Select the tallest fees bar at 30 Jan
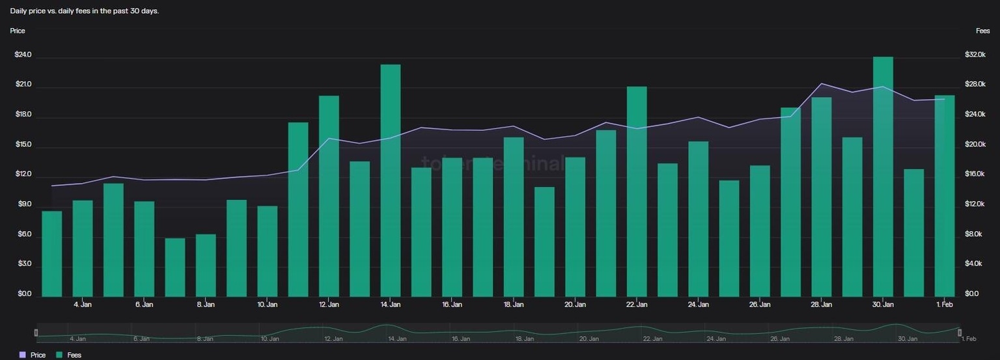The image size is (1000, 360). (x=883, y=176)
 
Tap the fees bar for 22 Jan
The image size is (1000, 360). (x=637, y=191)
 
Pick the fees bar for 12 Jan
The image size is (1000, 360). (x=329, y=196)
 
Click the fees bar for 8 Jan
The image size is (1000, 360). (x=206, y=265)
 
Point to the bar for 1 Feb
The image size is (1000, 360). (x=944, y=196)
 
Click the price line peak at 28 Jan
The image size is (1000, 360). (x=822, y=84)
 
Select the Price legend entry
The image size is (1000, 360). (x=33, y=355)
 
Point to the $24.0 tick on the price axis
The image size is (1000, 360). (x=23, y=55)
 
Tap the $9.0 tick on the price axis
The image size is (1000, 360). (x=24, y=204)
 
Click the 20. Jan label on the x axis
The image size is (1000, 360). (x=575, y=304)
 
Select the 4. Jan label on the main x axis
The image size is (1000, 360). (x=83, y=304)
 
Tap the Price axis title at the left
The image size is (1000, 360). (x=18, y=31)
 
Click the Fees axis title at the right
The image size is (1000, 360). (x=982, y=31)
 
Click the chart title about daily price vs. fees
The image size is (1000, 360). (x=85, y=11)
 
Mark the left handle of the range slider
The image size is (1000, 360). (x=36, y=333)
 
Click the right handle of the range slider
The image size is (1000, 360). (x=959, y=333)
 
